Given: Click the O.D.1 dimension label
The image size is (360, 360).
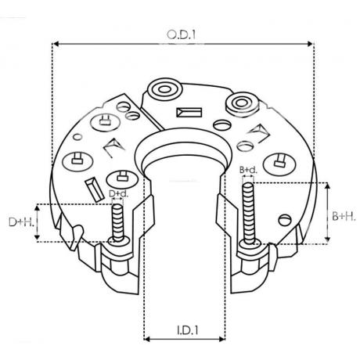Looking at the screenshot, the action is tap(182, 34).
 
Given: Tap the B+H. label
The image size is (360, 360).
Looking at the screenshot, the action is tap(344, 216).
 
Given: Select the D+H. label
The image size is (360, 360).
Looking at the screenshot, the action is tap(21, 222).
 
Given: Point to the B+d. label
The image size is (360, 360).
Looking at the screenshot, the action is tap(248, 170).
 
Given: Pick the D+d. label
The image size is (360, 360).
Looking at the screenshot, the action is tap(119, 193).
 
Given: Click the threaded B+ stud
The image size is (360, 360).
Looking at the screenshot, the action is tap(248, 214).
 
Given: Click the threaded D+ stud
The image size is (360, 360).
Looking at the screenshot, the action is tap(117, 222).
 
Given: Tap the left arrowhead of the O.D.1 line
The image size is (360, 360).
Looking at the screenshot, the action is tap(55, 44).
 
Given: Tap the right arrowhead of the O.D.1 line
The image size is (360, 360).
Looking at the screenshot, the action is tap(310, 44).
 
